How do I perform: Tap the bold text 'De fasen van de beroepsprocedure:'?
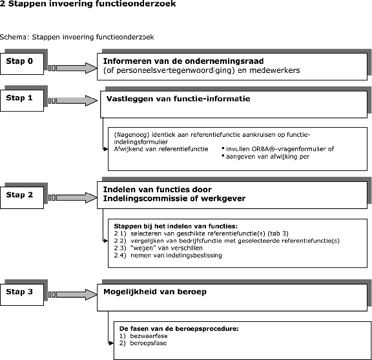click(179, 329)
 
